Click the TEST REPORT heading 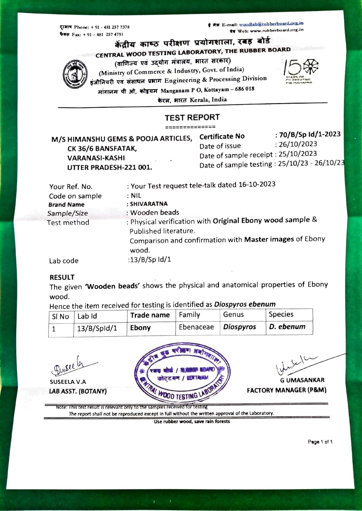tap(192, 118)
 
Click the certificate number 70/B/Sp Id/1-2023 tap(310, 134)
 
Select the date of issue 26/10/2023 tap(298, 144)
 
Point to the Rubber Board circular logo tap(75, 75)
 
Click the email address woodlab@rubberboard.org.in tap(271, 24)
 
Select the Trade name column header tap(150, 315)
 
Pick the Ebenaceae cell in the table tap(196, 327)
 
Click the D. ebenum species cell tap(287, 327)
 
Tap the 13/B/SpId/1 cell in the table tap(97, 328)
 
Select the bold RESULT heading tap(62, 277)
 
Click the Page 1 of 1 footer tap(320, 442)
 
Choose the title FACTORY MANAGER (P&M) tap(286, 390)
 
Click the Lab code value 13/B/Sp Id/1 tap(150, 260)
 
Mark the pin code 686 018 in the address tap(245, 89)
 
